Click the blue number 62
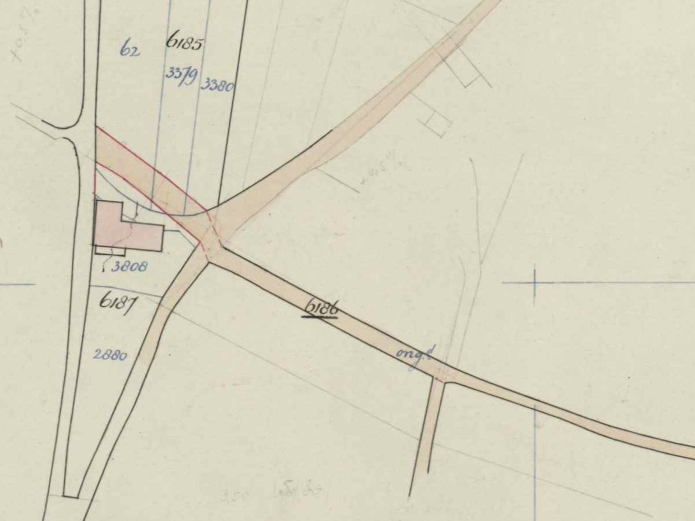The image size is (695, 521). pyautogui.click(x=130, y=50)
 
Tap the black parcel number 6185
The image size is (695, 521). pyautogui.click(x=184, y=42)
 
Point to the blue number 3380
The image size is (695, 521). pyautogui.click(x=217, y=86)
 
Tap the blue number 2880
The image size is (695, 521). pyautogui.click(x=110, y=355)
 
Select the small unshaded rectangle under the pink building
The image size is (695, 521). pyautogui.click(x=110, y=251)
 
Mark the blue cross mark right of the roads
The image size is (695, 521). pyautogui.click(x=534, y=283)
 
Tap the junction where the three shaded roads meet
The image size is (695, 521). pyautogui.click(x=213, y=246)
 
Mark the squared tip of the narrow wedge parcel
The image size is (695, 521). pyautogui.click(x=71, y=496)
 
